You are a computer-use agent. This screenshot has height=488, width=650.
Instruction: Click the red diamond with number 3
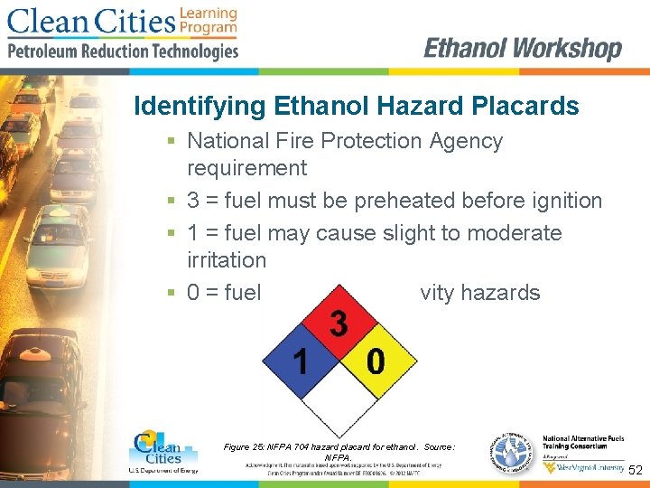(339, 324)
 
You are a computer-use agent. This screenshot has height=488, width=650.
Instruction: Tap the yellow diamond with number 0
(376, 362)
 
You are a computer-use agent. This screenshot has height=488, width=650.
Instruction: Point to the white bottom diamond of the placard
(339, 401)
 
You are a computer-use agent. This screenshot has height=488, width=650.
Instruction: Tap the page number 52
(636, 471)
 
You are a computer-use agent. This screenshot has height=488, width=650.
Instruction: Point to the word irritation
(227, 260)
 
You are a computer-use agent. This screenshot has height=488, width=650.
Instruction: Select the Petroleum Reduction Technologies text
(123, 52)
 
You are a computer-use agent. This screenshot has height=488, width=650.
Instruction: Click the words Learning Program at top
(208, 21)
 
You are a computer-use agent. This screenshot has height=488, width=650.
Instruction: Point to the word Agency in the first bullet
(466, 141)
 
